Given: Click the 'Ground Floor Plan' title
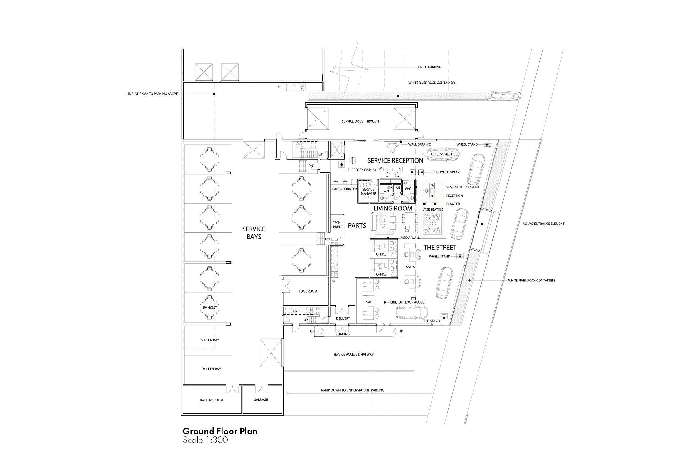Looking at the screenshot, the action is (x=220, y=432).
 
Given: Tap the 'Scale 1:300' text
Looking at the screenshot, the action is (x=205, y=440).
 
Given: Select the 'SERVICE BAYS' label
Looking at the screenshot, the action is (x=254, y=233).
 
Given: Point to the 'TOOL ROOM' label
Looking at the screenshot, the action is (x=308, y=291).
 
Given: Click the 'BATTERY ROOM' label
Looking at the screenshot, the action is (x=212, y=400).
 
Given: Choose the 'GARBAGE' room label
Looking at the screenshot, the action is (x=261, y=399).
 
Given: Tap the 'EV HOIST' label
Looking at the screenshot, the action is (x=209, y=308).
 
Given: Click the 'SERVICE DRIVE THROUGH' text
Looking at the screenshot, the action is (x=360, y=121).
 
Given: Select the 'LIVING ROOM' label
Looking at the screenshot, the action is (x=393, y=208).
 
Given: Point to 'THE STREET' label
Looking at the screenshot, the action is (x=440, y=248).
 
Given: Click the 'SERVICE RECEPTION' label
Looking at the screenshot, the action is (x=395, y=161).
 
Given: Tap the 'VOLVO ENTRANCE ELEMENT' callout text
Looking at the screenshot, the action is (x=544, y=224).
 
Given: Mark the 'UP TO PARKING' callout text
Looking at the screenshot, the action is (x=430, y=67).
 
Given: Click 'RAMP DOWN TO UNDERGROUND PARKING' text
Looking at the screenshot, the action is (x=352, y=390).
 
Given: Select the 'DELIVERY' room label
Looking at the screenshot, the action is (x=343, y=318).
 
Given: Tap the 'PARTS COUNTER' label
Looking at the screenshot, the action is (x=344, y=189).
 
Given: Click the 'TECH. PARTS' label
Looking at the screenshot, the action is (x=337, y=225).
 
